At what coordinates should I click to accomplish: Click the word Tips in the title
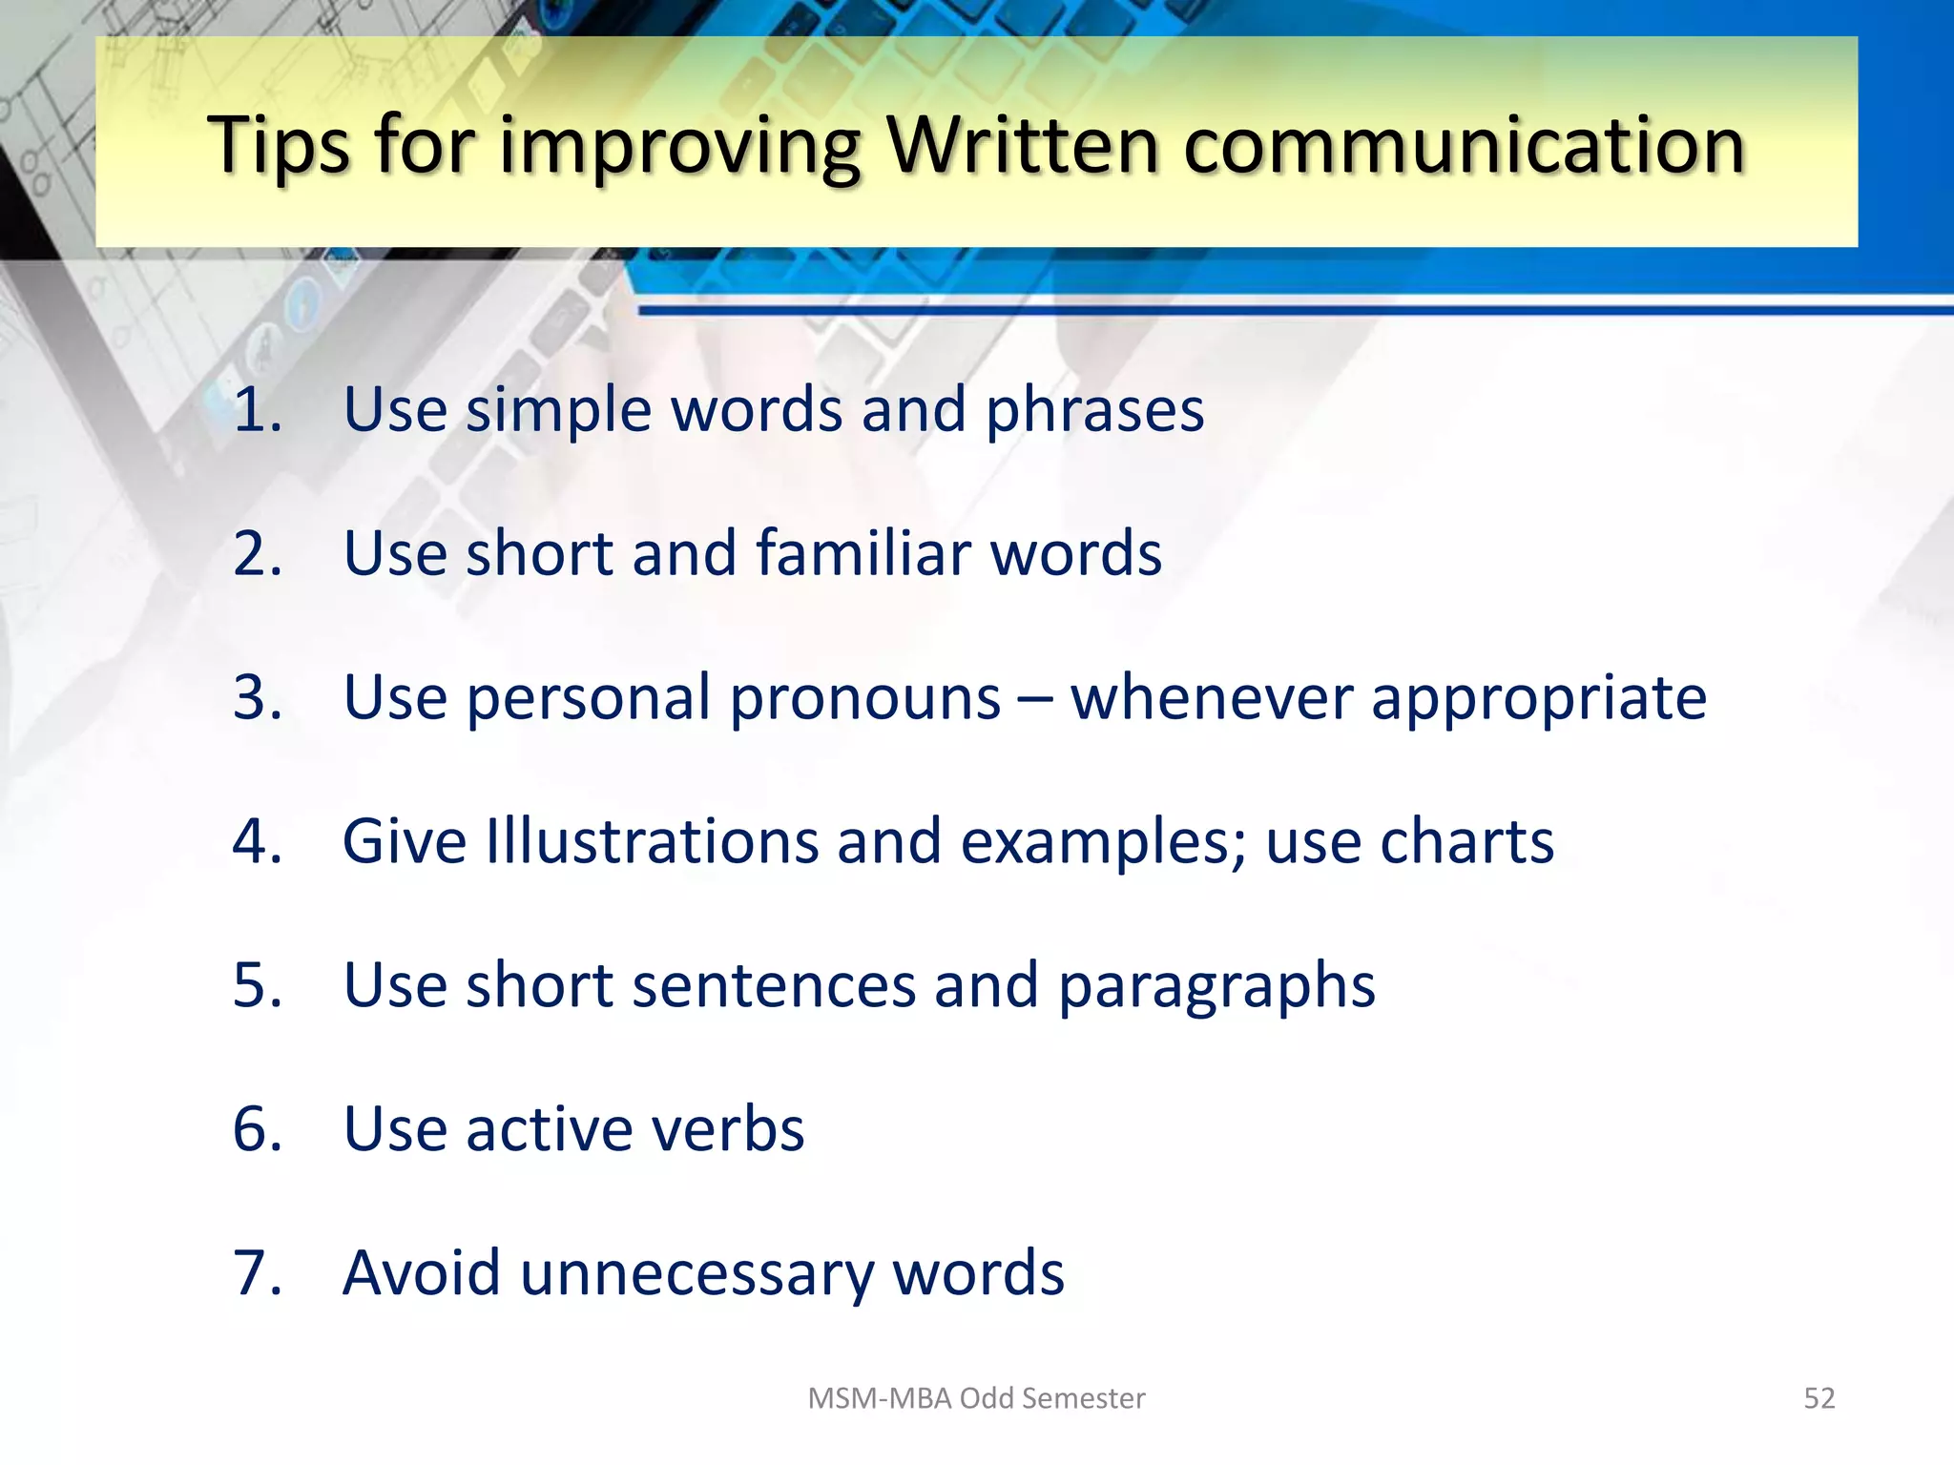pyautogui.click(x=279, y=145)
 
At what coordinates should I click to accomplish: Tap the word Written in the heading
pyautogui.click(x=1022, y=145)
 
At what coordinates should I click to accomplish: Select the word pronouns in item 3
pyautogui.click(x=865, y=699)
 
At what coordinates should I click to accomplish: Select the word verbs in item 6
pyautogui.click(x=727, y=1129)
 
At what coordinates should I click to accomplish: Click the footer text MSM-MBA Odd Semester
pyautogui.click(x=976, y=1398)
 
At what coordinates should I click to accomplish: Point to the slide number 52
pyautogui.click(x=1819, y=1398)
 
